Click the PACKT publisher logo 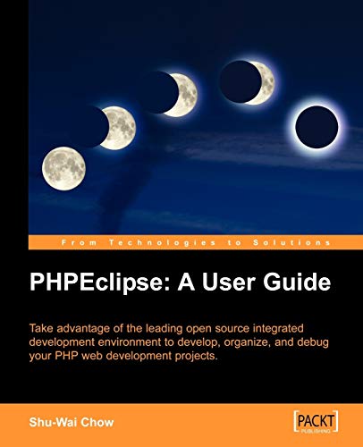(x=314, y=419)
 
